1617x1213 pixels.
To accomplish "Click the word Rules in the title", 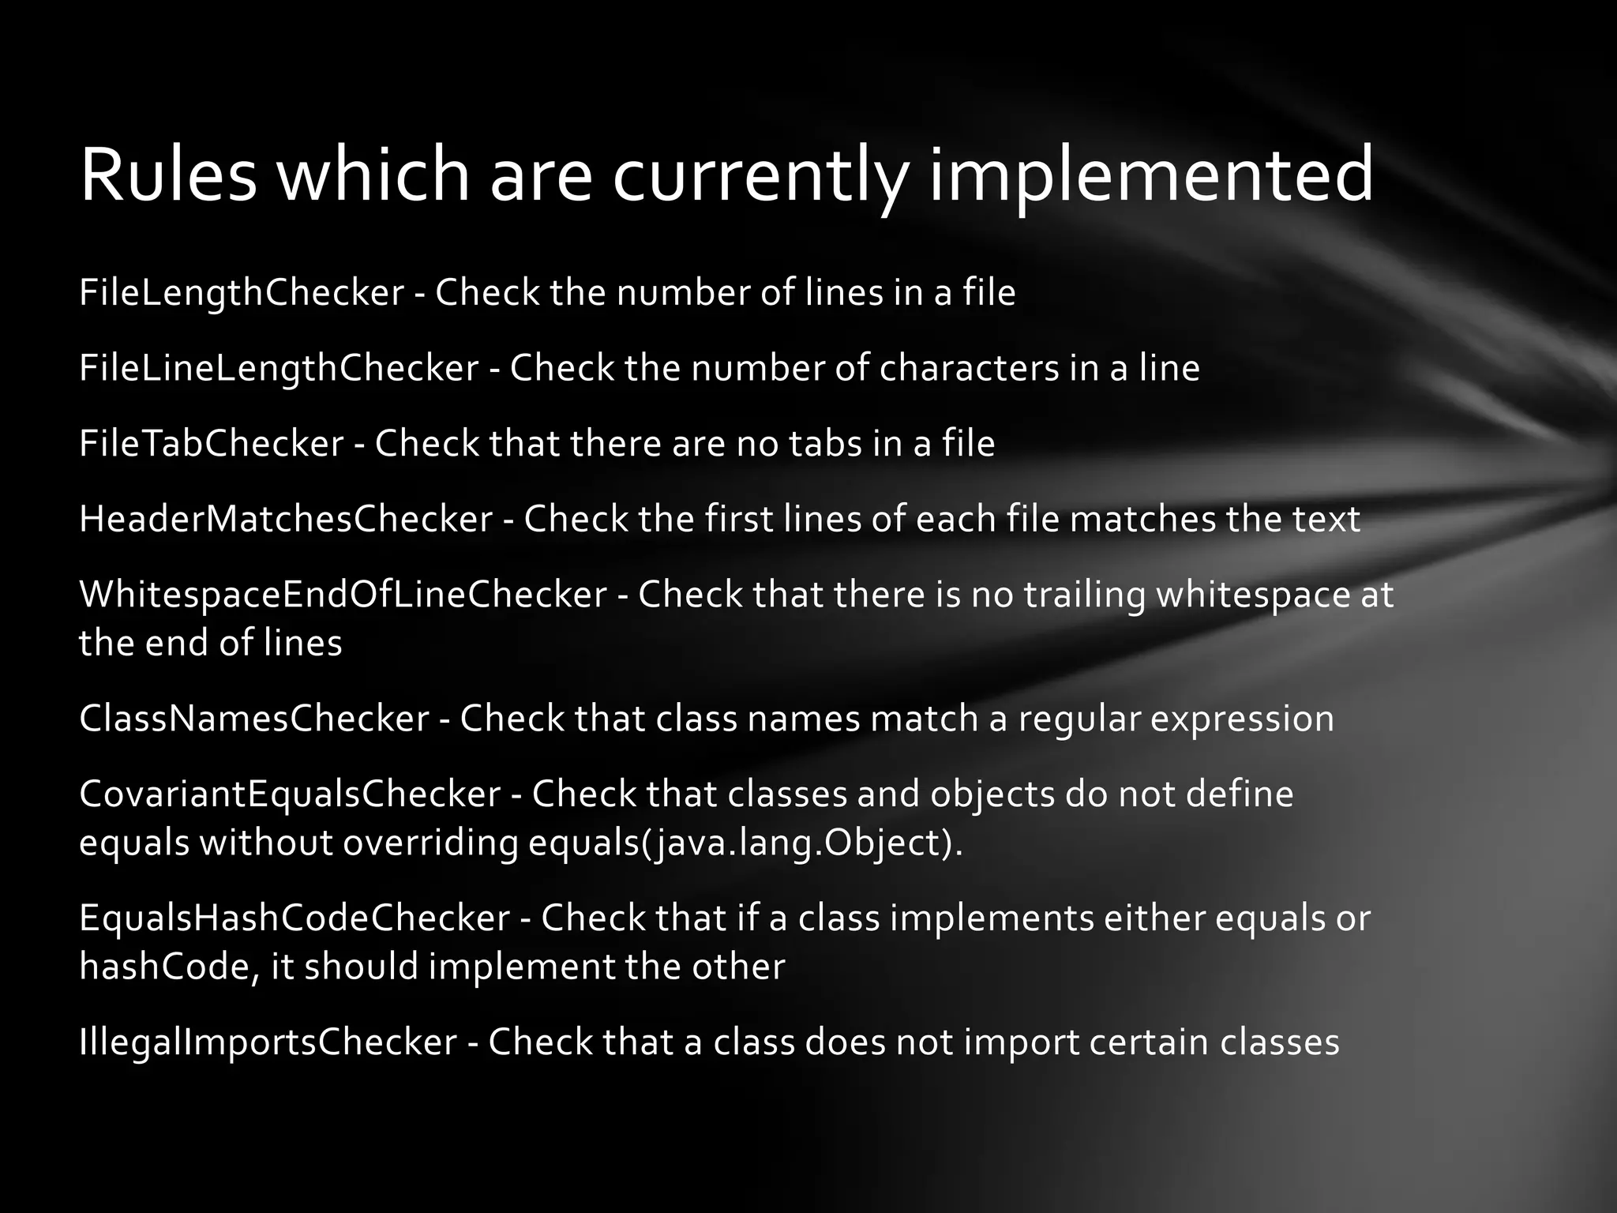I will pos(168,175).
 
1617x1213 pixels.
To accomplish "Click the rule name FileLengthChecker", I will pos(242,293).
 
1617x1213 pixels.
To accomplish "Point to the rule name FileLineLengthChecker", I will pos(279,368).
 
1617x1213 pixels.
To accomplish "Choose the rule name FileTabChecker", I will pos(212,443).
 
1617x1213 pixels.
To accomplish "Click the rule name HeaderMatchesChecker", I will pos(286,519).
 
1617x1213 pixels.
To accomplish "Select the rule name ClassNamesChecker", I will pos(254,719).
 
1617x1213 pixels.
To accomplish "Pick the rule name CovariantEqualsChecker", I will pos(290,794).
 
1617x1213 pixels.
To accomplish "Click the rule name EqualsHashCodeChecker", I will pos(295,918).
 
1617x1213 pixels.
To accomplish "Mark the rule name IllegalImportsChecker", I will pos(268,1042).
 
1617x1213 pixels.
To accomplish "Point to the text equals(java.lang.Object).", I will pos(745,843).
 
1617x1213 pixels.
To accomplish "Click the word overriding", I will pos(430,843).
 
